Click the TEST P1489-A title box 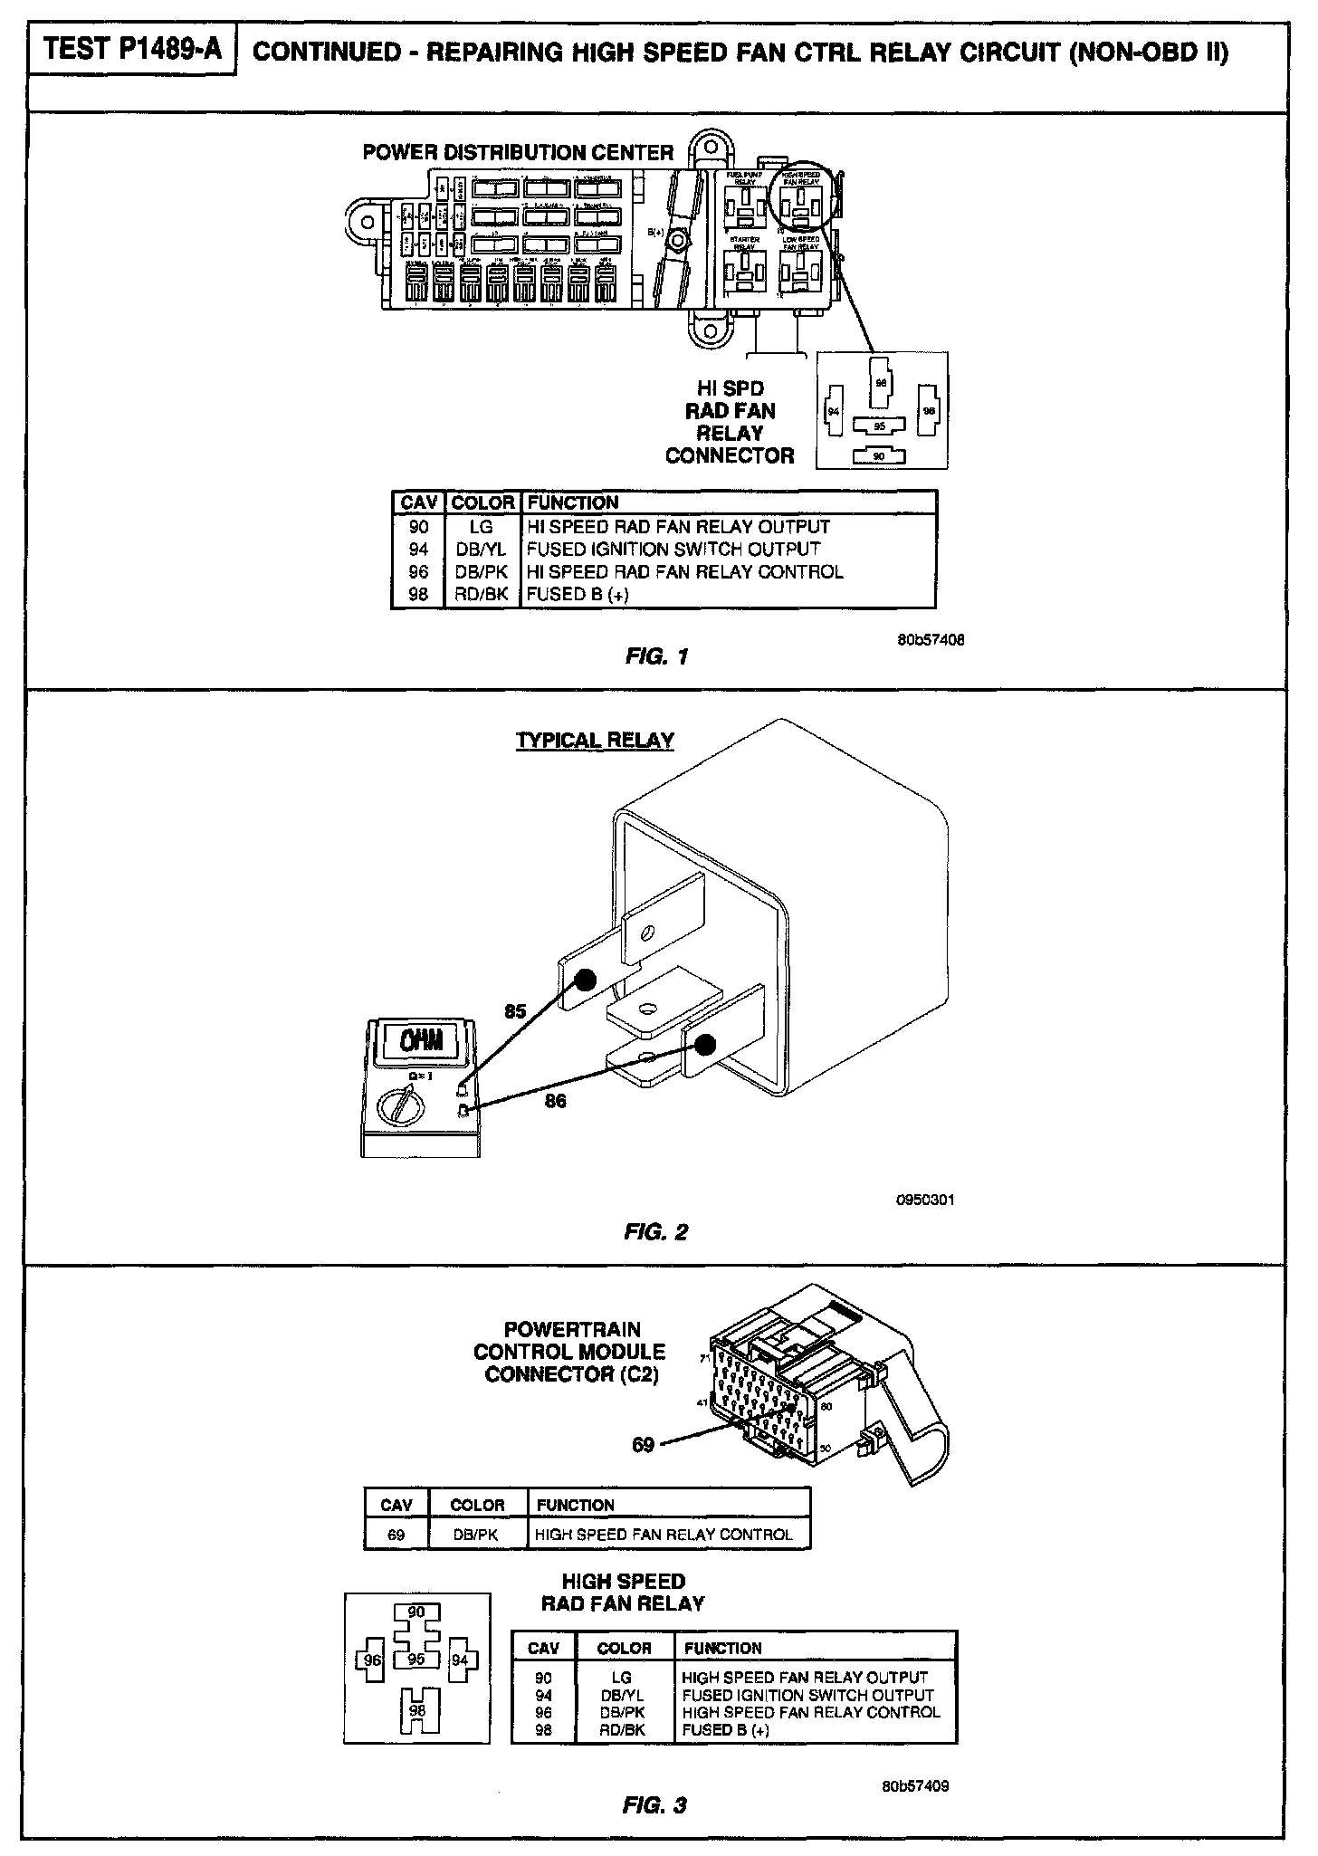132,50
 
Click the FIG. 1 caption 656,656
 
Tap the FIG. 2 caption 656,1231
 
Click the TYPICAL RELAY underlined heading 595,740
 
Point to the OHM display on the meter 423,1040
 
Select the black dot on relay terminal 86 706,1045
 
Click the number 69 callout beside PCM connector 643,1444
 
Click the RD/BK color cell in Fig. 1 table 482,594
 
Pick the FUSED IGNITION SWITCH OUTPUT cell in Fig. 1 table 673,549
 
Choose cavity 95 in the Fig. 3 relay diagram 416,1660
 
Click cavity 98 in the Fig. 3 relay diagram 416,1710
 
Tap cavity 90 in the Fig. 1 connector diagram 878,456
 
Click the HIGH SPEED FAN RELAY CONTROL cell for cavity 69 664,1535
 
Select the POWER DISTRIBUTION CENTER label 518,152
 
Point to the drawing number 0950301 924,1200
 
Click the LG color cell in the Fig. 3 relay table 621,1678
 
